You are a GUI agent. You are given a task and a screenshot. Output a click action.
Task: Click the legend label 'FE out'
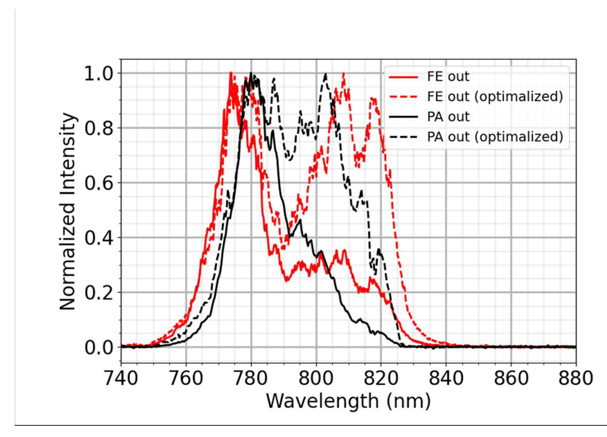[x=448, y=77]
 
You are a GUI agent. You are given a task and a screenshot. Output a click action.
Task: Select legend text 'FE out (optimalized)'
[x=495, y=97]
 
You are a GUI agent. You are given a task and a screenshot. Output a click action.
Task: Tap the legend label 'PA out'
[x=448, y=117]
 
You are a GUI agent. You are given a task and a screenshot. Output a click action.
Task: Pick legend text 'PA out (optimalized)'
[x=495, y=137]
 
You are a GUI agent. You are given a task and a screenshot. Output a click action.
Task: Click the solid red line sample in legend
[x=403, y=77]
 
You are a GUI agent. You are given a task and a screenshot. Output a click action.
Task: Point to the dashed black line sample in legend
[x=403, y=137]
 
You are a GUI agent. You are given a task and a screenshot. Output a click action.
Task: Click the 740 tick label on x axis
[x=121, y=379]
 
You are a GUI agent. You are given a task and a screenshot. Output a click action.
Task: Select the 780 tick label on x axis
[x=251, y=379]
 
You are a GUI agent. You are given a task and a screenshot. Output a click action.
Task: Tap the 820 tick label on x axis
[x=381, y=379]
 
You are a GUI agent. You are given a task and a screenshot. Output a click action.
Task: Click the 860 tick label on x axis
[x=511, y=379]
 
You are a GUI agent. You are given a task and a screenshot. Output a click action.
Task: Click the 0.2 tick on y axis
[x=97, y=293]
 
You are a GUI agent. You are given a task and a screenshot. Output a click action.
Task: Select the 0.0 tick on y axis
[x=97, y=348]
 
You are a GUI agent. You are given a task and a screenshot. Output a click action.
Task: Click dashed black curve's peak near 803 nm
[x=325, y=74]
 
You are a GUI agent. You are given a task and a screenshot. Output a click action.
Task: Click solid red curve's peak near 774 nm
[x=230, y=73]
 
